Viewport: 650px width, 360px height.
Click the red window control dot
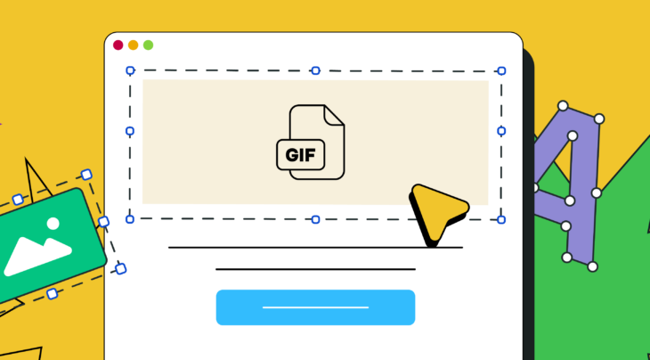click(118, 45)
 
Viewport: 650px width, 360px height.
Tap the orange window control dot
click(134, 45)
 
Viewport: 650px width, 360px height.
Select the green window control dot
click(148, 45)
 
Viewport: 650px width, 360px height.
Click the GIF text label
click(300, 155)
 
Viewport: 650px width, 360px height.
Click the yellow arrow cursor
click(436, 211)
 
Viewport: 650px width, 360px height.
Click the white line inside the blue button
click(315, 307)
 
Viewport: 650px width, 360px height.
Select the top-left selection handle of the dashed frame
click(130, 70)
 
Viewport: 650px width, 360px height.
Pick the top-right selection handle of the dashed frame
click(501, 70)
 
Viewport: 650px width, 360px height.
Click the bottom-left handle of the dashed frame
click(130, 217)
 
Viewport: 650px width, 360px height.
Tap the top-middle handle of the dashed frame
click(315, 70)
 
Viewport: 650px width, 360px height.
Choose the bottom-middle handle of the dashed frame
click(315, 219)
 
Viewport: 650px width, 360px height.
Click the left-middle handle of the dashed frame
click(130, 131)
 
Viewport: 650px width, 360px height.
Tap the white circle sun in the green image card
click(53, 224)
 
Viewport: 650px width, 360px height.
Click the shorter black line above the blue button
click(315, 268)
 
